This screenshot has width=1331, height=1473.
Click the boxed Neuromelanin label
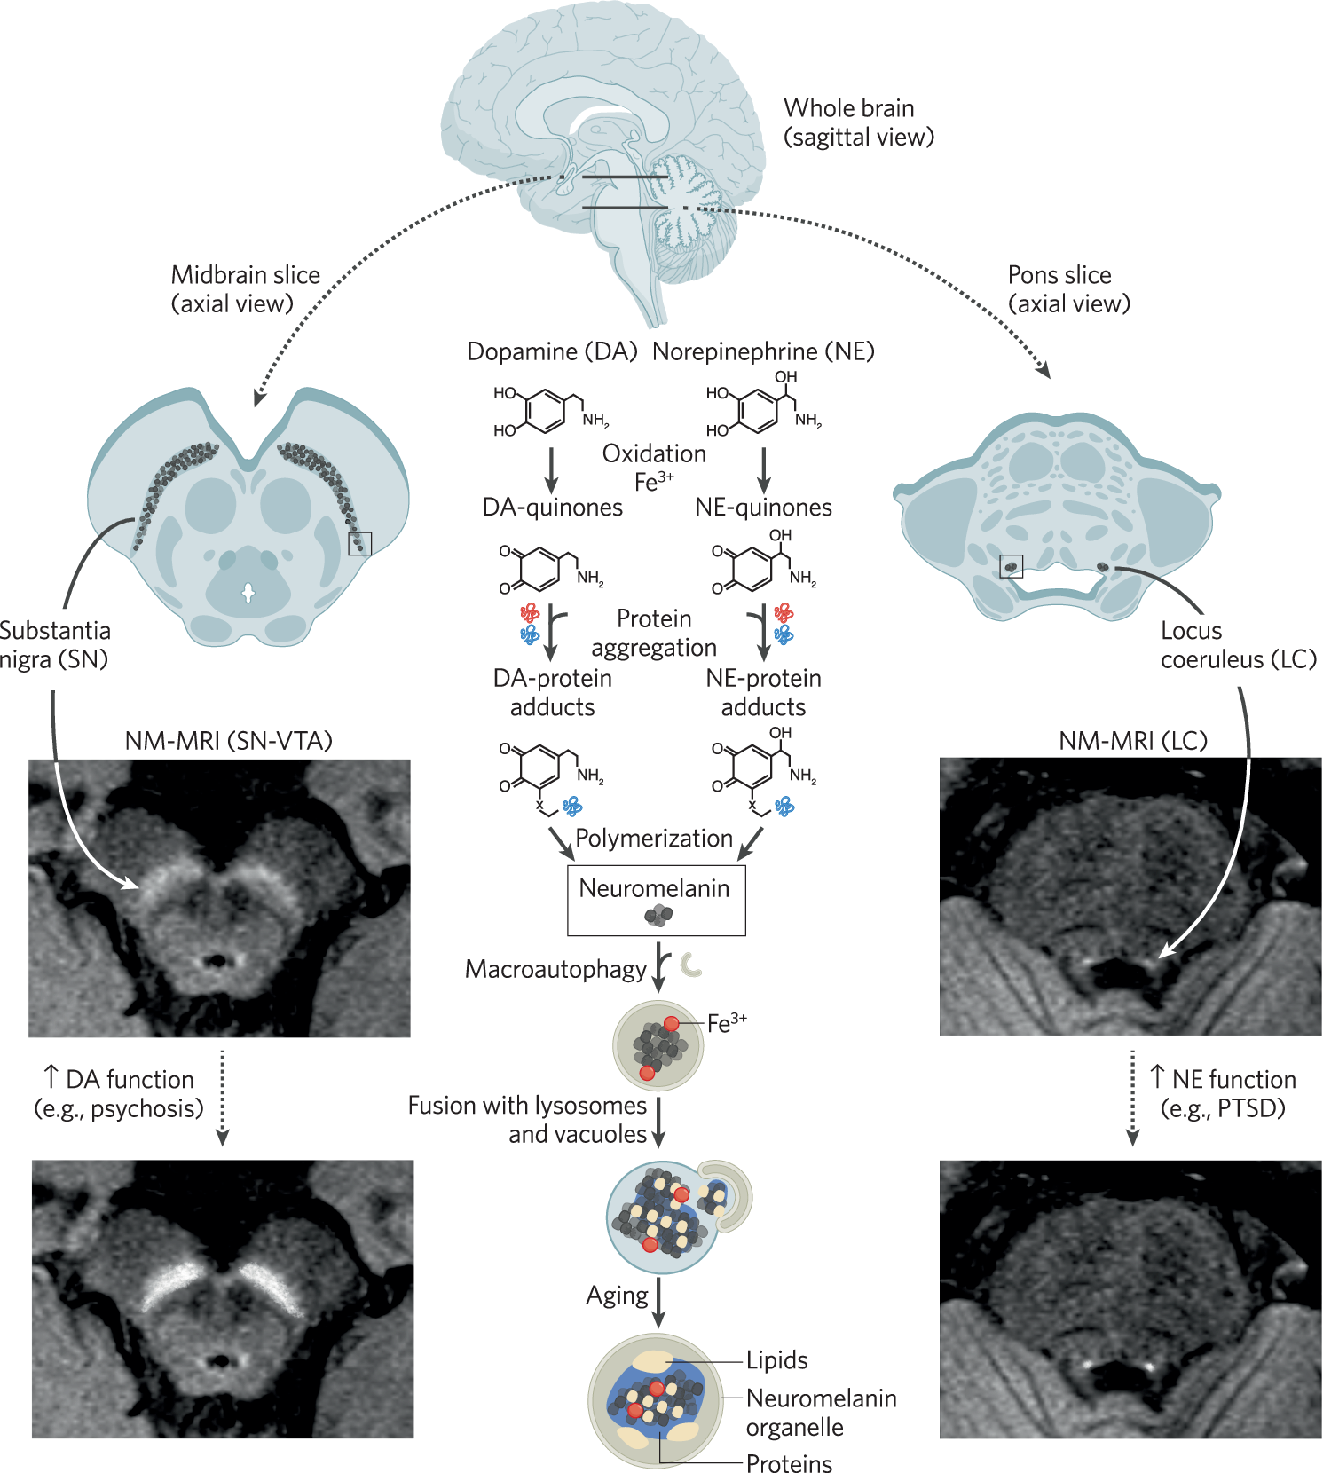654,888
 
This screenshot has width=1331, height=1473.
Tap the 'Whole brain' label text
848,108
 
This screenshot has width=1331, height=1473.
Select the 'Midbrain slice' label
245,275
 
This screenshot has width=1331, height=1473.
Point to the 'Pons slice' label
1059,275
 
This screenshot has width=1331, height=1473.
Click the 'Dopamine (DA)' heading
552,351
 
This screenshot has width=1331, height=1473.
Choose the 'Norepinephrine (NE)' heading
763,351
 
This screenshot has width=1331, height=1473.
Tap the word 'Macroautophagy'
555,969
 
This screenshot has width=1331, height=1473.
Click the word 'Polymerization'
654,839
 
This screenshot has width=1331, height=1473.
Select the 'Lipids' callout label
776,1360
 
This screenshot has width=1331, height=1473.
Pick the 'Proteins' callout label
789,1463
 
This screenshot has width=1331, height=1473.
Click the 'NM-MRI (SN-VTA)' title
228,740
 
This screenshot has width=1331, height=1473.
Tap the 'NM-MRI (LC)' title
1133,740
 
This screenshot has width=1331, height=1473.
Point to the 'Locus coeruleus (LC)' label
1238,645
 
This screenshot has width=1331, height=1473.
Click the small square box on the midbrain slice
360,543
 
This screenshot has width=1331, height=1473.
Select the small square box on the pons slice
1012,566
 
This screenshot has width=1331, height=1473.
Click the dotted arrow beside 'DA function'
223,1098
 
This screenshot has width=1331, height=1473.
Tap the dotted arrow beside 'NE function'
1132,1098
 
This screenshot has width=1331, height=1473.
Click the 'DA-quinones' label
552,508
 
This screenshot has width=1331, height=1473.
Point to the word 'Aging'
617,1296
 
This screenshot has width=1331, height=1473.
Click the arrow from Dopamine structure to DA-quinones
551,469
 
